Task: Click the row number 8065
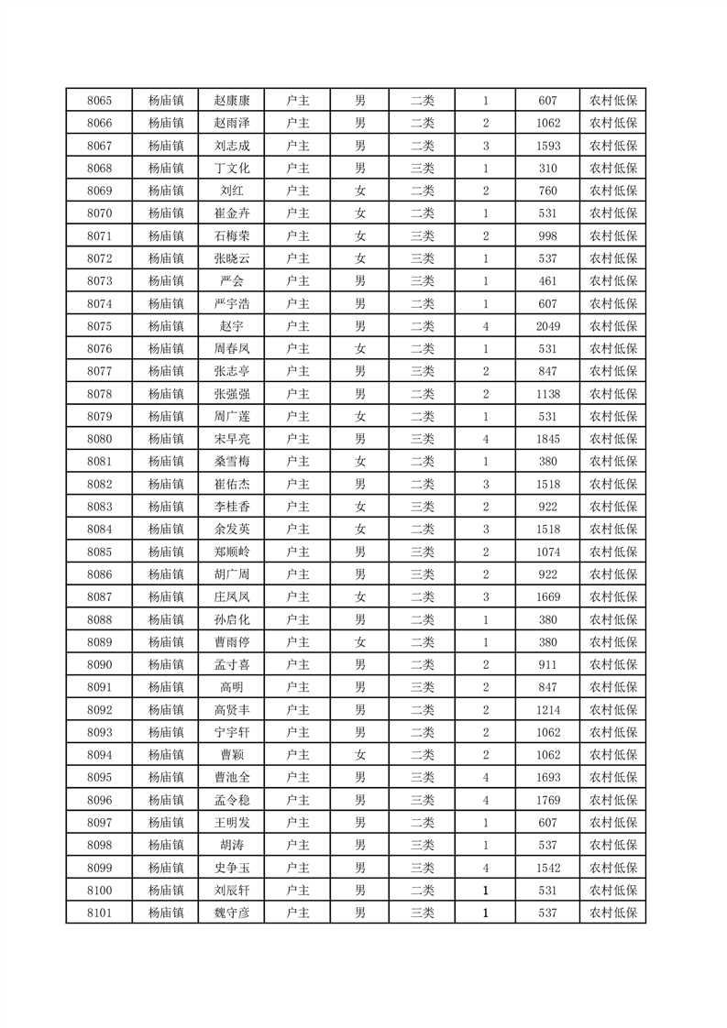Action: tap(99, 101)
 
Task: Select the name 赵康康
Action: tap(231, 101)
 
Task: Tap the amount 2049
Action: tap(548, 326)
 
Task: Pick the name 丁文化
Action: tap(231, 169)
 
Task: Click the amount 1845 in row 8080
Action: tap(548, 439)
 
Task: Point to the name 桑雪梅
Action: tap(231, 462)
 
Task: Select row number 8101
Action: tap(99, 913)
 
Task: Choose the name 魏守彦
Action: tap(231, 913)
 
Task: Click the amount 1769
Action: tap(548, 800)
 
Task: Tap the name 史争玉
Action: tap(231, 868)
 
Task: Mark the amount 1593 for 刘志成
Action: tap(548, 146)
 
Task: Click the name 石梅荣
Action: tap(231, 236)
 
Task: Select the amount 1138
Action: tap(548, 394)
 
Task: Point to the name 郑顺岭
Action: tap(231, 552)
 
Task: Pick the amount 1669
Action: tap(548, 597)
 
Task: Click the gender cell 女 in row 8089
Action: tap(360, 642)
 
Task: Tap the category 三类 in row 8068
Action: tap(423, 169)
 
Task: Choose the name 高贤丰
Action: tap(231, 710)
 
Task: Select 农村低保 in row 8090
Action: tap(612, 664)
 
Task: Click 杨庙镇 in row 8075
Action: tap(166, 326)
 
